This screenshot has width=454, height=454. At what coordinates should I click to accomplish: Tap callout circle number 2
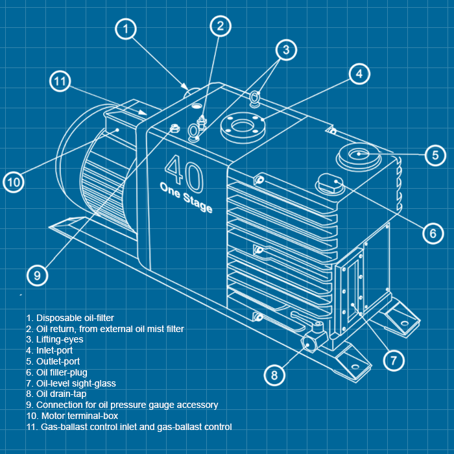221,25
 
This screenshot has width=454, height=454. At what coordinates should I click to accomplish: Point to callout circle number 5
435,154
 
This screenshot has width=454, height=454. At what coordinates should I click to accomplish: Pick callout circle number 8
274,375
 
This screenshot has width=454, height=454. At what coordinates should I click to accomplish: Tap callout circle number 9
38,275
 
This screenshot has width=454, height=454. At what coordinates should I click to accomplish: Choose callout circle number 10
14,182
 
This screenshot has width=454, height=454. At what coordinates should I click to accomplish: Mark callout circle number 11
60,82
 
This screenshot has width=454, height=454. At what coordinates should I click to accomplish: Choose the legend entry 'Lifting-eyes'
55,339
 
